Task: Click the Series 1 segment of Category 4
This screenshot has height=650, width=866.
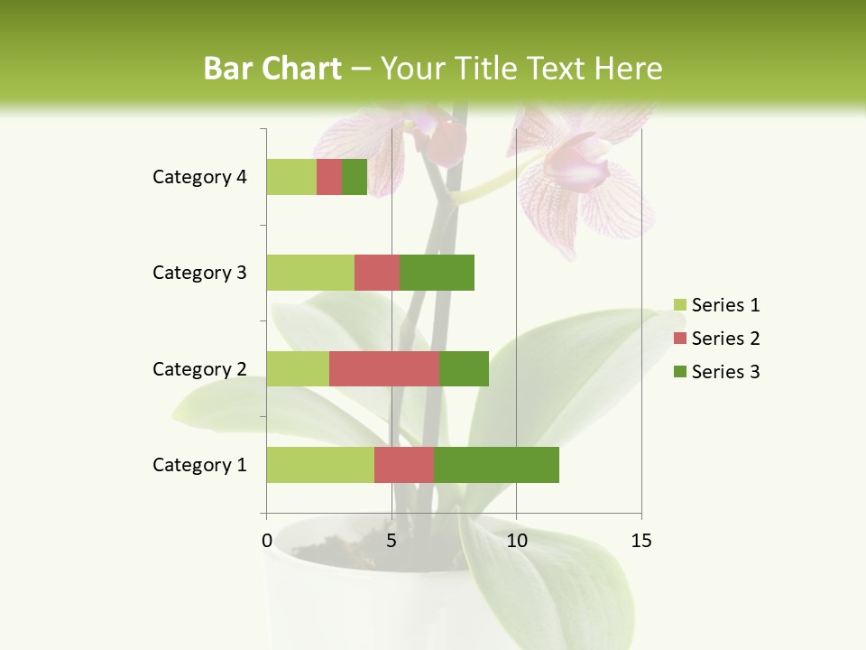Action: tap(291, 177)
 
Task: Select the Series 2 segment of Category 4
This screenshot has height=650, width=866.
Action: tap(329, 177)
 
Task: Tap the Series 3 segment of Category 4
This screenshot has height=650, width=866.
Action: tap(355, 177)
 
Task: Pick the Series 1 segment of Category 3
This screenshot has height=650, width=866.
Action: tap(310, 273)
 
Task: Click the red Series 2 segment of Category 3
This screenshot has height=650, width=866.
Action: tap(377, 273)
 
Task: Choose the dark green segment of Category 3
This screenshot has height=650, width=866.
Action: tap(437, 273)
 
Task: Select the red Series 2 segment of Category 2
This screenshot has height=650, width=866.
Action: tap(384, 368)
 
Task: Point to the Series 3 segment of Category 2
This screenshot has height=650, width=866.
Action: tap(464, 368)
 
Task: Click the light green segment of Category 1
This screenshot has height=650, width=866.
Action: tap(320, 465)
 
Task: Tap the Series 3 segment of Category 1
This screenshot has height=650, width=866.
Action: tap(496, 465)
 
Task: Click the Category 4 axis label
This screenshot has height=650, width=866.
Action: tap(199, 177)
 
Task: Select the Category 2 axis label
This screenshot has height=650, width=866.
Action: tap(199, 368)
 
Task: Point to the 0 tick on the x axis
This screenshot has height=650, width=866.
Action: tap(267, 541)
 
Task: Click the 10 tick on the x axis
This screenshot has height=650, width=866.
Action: tap(516, 541)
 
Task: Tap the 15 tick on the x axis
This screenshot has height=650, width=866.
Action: tap(641, 541)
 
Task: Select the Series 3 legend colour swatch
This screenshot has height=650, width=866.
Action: tap(680, 372)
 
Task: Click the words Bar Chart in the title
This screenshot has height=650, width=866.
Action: tap(272, 69)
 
